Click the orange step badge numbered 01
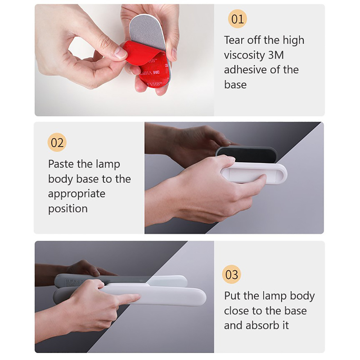(237, 19)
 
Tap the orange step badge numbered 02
(57, 142)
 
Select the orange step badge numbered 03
(231, 274)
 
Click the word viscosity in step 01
(244, 55)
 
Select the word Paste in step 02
(61, 164)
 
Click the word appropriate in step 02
(76, 194)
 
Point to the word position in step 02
(68, 209)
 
